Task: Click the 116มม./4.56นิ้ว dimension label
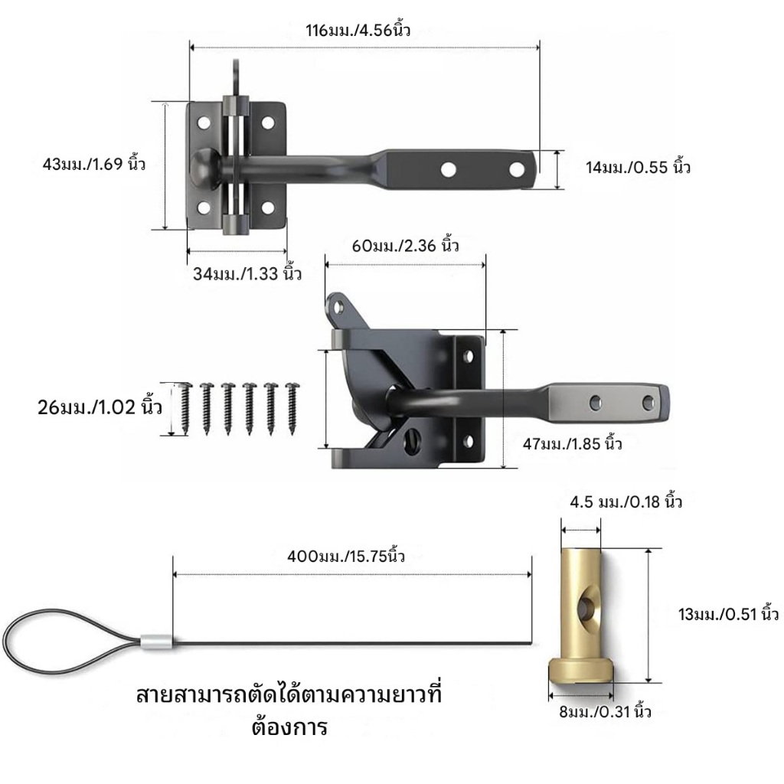click(x=358, y=30)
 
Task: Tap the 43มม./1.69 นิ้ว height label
click(x=94, y=164)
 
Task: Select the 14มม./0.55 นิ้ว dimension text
click(x=638, y=167)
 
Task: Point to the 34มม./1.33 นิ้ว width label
click(x=247, y=273)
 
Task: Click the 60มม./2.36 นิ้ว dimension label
click(x=406, y=246)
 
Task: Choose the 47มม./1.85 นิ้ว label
click(x=573, y=443)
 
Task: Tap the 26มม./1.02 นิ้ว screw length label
click(x=100, y=407)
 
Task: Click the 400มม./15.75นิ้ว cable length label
click(x=346, y=556)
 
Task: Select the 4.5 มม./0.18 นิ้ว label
click(x=626, y=501)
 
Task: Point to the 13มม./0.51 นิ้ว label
click(x=729, y=614)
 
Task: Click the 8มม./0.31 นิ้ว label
click(x=605, y=711)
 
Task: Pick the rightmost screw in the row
click(x=292, y=408)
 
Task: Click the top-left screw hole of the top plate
click(x=204, y=122)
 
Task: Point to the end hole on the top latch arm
click(x=517, y=170)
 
